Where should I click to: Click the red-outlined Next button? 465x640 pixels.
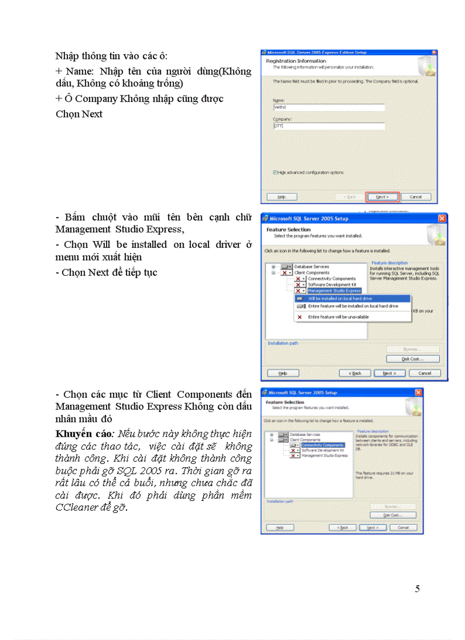382,197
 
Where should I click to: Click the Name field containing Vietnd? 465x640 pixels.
329,107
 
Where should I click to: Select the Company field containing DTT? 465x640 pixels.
329,126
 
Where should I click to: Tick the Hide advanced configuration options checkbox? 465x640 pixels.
275,172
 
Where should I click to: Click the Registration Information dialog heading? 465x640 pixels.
296,61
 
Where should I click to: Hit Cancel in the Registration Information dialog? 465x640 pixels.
415,197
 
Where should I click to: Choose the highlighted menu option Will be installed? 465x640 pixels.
353,298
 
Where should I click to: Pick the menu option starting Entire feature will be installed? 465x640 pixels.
353,307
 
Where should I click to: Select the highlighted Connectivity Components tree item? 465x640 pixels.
322,445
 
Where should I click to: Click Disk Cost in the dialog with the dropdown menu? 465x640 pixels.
413,359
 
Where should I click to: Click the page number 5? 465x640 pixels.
417,589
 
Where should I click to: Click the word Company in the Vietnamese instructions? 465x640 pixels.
96,99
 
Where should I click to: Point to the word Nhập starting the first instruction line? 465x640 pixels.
67,56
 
